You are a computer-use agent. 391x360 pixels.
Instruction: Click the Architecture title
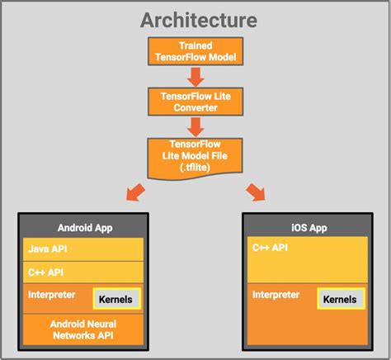point(197,19)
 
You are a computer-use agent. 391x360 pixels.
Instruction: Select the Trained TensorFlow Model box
point(196,50)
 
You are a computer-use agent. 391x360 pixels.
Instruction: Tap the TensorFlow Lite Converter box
point(196,100)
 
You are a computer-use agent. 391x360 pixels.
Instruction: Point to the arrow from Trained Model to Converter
point(196,76)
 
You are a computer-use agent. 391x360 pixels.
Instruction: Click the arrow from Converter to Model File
point(196,126)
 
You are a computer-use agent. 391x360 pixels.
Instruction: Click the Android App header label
point(85,227)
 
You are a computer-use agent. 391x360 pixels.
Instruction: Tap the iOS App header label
point(305,227)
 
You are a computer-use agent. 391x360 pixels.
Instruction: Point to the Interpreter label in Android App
point(52,295)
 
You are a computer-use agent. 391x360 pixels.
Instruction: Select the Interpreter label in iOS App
point(274,295)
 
